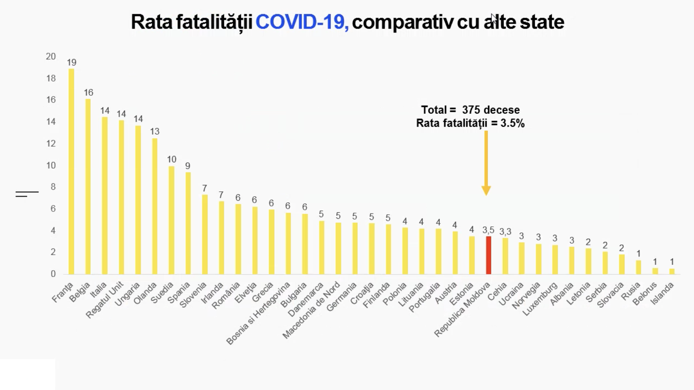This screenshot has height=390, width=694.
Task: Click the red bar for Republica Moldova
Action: [488, 255]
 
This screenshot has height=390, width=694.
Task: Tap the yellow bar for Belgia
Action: [88, 187]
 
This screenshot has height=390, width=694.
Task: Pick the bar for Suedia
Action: [171, 220]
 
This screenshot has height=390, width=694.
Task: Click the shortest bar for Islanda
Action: [672, 271]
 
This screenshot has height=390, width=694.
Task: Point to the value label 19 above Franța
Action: [71, 62]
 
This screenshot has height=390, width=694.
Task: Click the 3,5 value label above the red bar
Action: [488, 230]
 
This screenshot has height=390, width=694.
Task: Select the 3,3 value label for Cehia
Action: [505, 232]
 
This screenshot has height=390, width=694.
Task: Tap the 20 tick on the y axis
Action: [51, 56]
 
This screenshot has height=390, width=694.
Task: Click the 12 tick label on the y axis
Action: [51, 144]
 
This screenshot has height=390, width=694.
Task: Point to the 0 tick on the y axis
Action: [53, 274]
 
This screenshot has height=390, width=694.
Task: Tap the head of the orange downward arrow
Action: [486, 191]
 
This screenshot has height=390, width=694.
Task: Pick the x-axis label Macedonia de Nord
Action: [312, 310]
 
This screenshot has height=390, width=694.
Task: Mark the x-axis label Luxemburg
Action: [541, 298]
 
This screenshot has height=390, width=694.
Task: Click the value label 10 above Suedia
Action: [171, 159]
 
